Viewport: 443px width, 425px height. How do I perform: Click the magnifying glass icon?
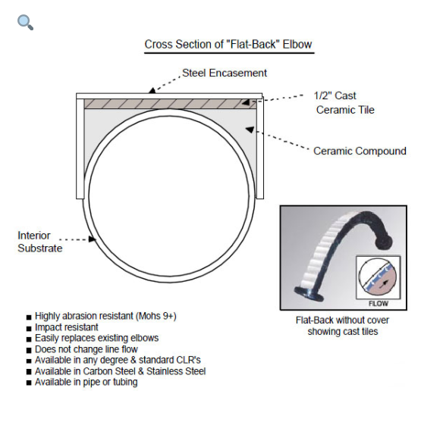(25, 22)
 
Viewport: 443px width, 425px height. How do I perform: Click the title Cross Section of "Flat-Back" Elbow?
(228, 45)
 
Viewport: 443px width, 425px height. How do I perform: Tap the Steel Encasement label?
(225, 73)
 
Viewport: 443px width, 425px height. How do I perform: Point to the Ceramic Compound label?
(360, 151)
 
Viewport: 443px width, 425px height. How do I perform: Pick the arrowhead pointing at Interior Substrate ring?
(93, 239)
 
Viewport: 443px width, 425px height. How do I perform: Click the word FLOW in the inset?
(378, 304)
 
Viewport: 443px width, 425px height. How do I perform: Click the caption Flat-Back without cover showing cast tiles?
(342, 326)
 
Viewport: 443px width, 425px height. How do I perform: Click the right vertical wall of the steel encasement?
(259, 148)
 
